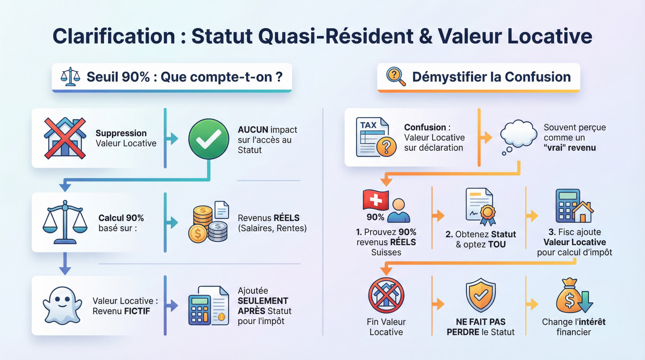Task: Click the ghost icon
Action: pos(62,305)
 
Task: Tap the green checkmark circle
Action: pos(209,139)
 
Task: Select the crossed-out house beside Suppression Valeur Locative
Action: pos(65,138)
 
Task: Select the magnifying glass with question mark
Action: pos(396,77)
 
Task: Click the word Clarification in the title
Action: pos(114,36)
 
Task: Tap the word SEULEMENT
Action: pos(263,301)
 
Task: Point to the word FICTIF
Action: pos(137,311)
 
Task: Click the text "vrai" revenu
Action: pos(570,148)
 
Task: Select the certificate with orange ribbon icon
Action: pos(481,206)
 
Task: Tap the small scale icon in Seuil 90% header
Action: pos(70,77)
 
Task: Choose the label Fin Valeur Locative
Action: pos(386,327)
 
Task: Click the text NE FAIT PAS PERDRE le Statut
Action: pos(481,327)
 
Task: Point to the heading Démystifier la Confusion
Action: pos(491,77)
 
